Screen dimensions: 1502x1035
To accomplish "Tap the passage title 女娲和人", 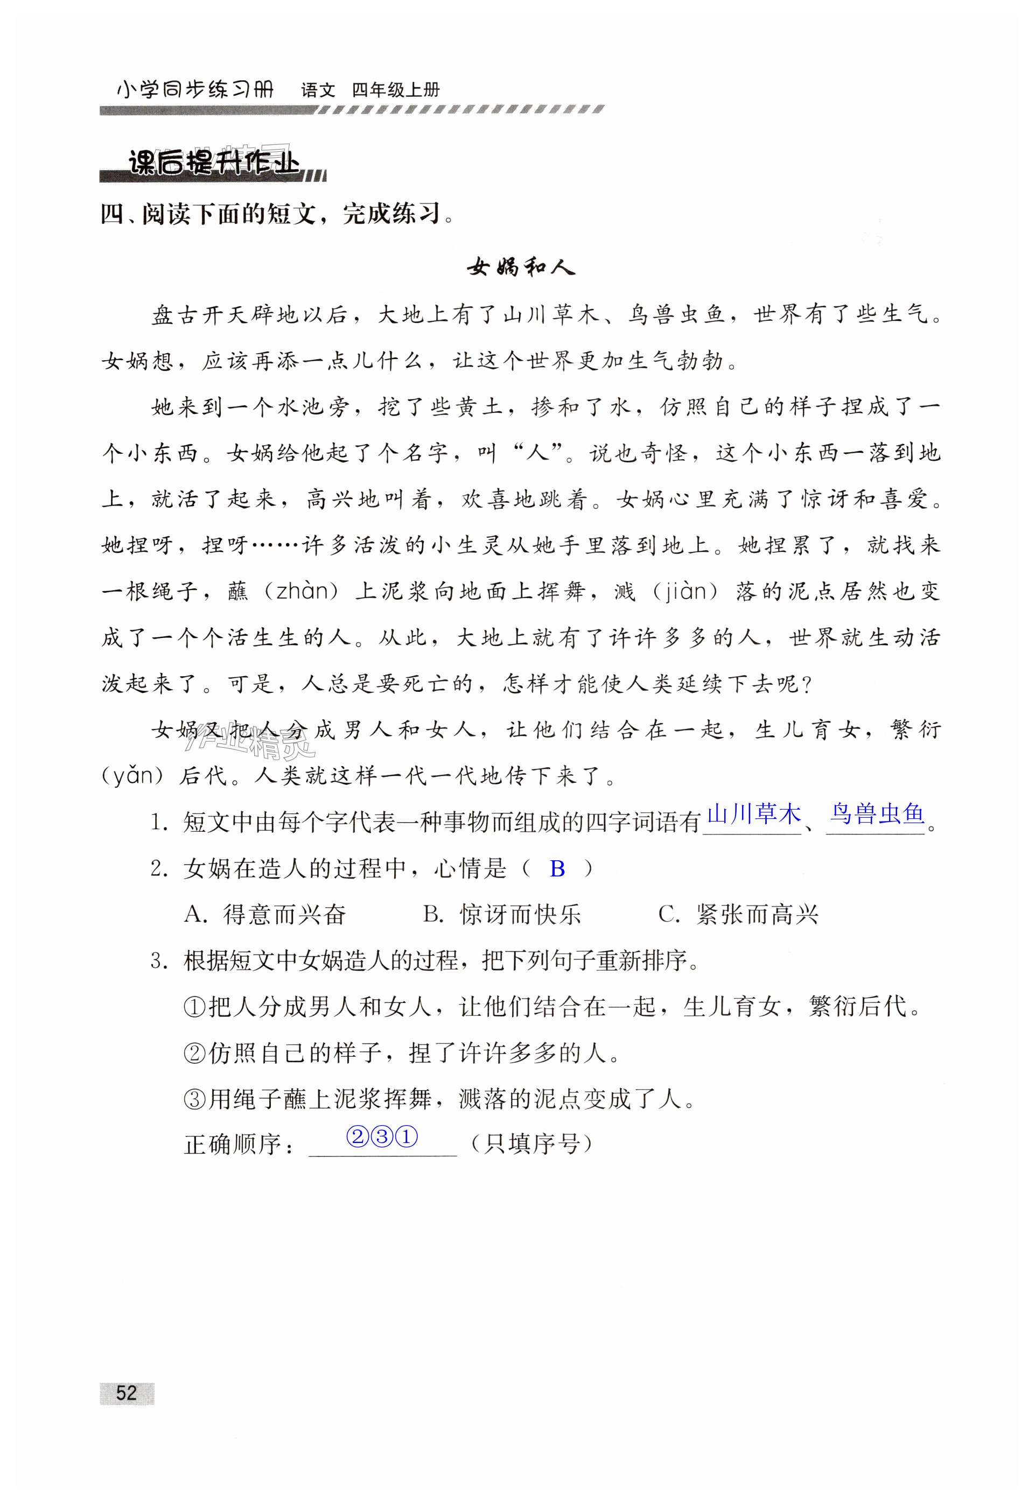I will click(x=521, y=267).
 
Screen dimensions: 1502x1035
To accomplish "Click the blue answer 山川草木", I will click(x=753, y=814).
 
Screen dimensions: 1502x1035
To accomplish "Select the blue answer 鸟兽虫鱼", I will click(x=877, y=814).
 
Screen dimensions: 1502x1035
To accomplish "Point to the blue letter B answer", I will click(x=557, y=869).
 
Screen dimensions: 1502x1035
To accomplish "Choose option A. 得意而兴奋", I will click(x=265, y=915).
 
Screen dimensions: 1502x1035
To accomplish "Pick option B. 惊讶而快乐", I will click(x=502, y=915).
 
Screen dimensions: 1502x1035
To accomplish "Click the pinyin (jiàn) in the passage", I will click(x=688, y=591).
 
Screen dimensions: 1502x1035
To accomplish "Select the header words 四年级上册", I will click(x=396, y=90).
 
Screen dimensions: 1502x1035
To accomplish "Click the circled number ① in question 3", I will click(x=194, y=1008).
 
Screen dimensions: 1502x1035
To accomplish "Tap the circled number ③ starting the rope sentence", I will click(x=194, y=1099).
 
